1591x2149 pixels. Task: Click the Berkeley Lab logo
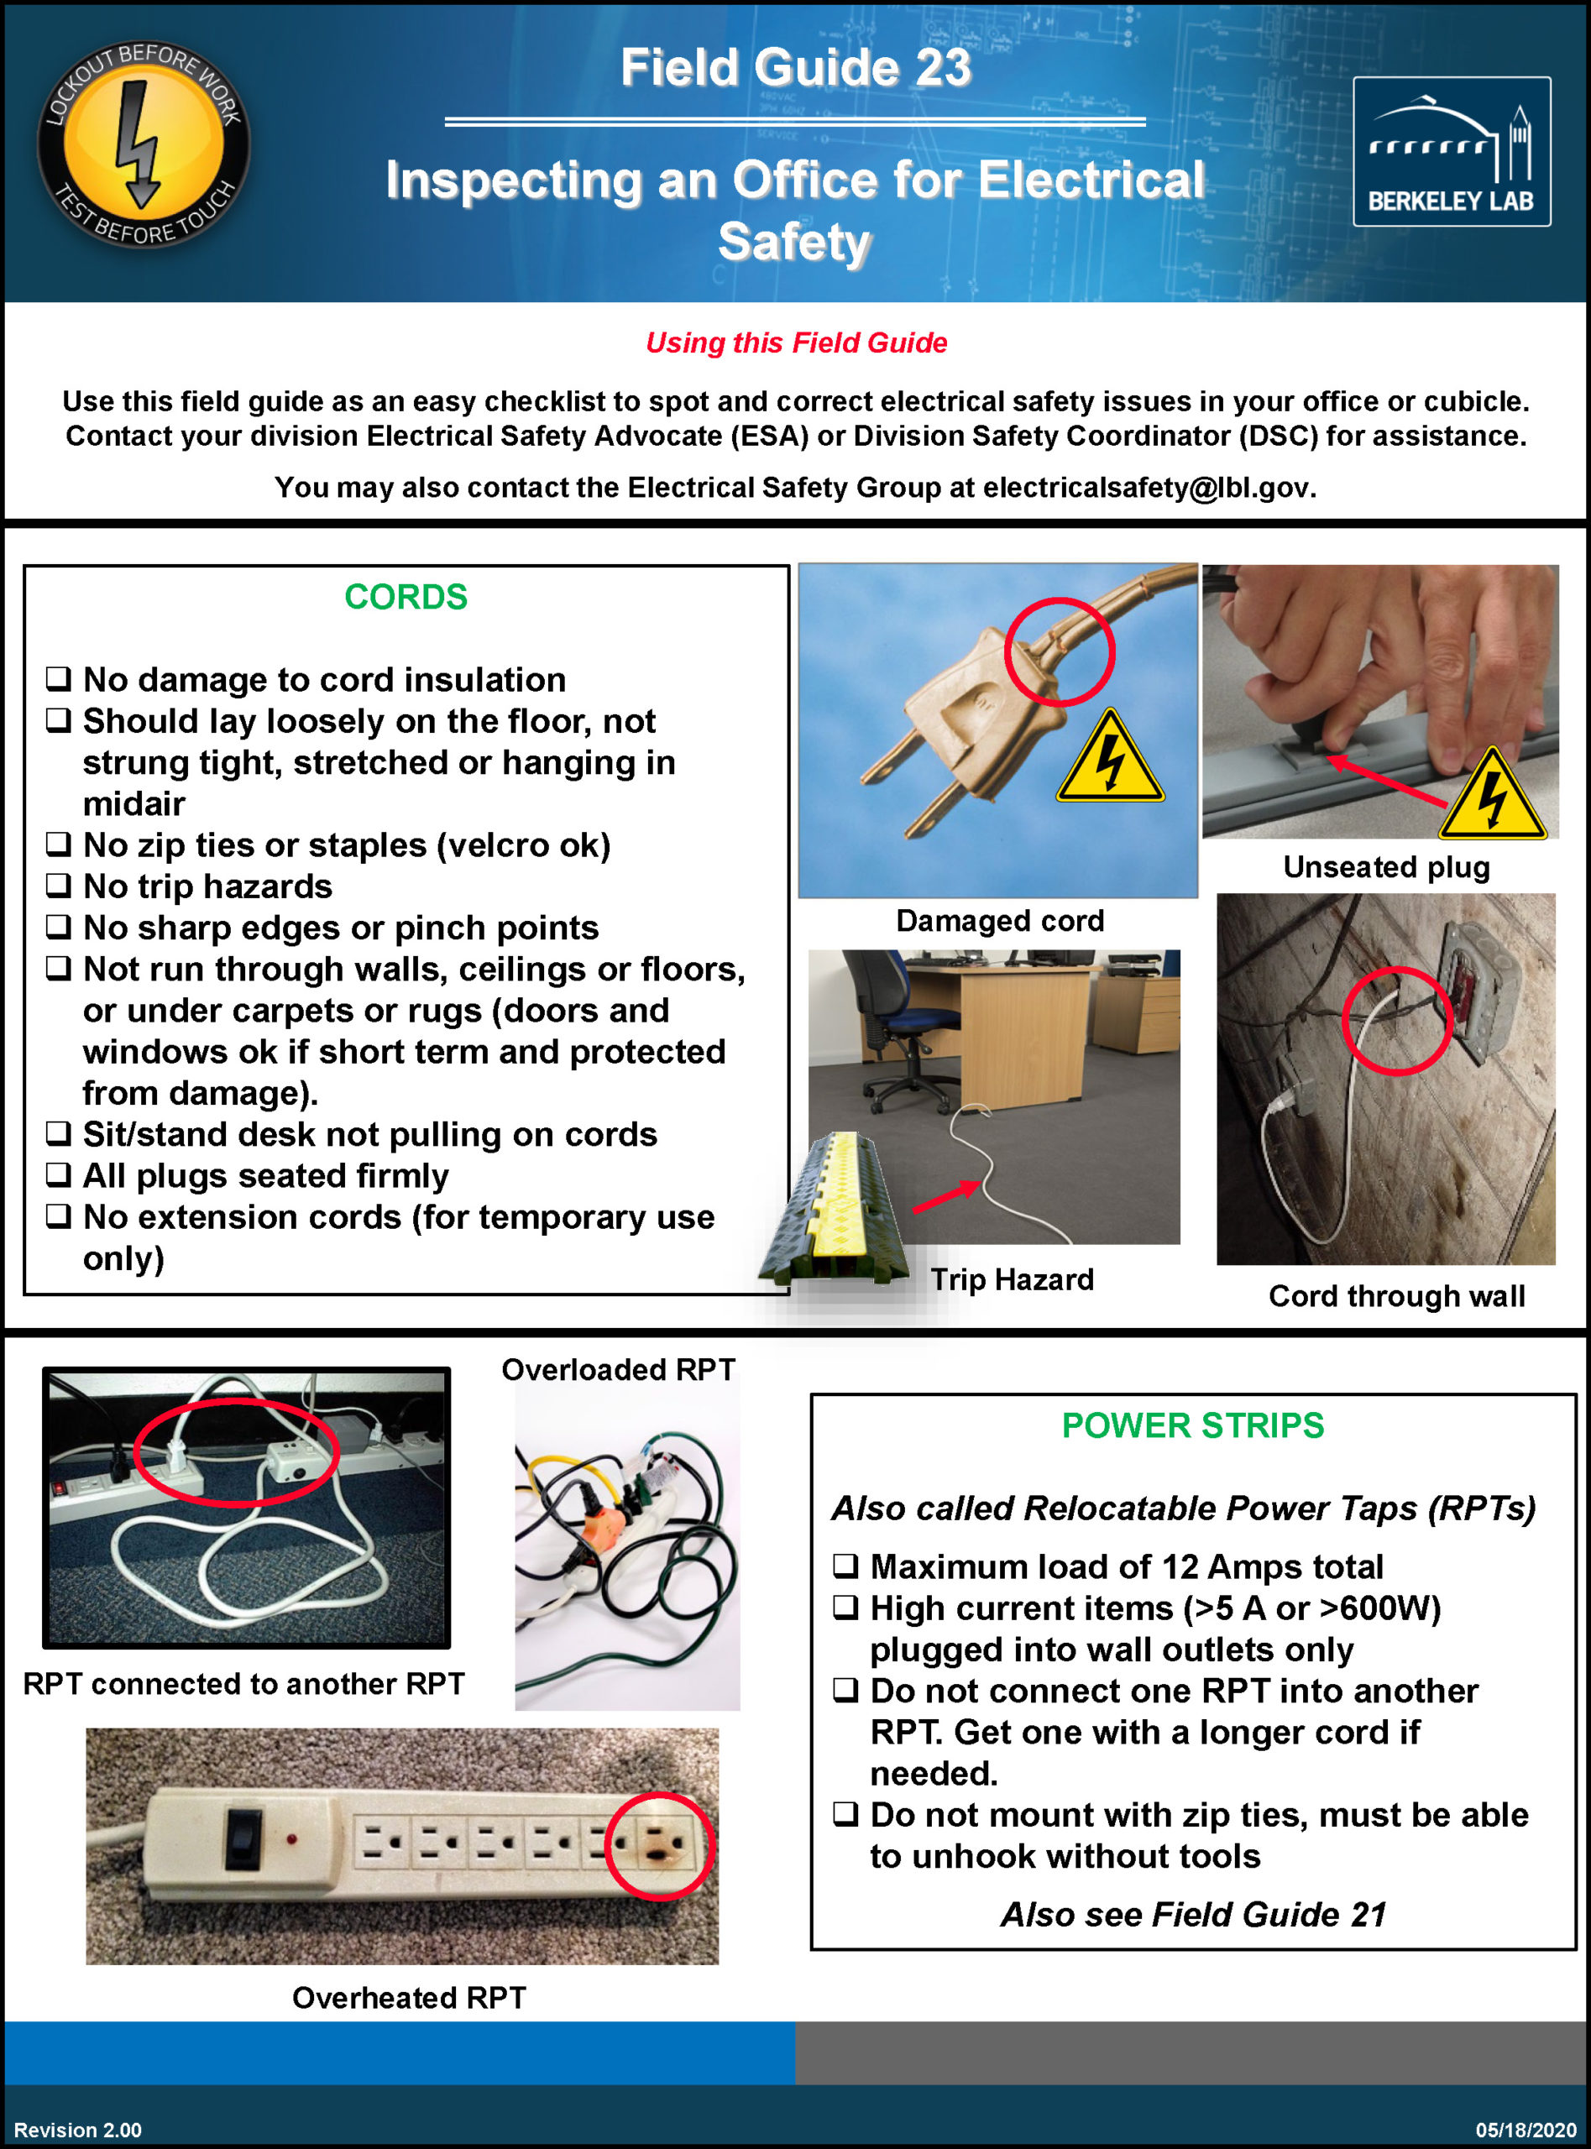coord(1451,151)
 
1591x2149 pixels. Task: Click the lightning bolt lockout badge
coord(144,144)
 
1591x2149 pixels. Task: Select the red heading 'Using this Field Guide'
coord(796,342)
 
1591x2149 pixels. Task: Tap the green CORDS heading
coord(406,597)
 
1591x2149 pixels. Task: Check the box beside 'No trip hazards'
coord(59,885)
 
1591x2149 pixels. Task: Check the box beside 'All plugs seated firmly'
coord(59,1174)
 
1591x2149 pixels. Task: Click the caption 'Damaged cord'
coord(999,920)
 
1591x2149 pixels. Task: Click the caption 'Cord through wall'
coord(1395,1296)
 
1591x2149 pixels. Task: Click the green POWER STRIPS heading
coord(1192,1425)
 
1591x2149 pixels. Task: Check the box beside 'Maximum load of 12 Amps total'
coord(845,1566)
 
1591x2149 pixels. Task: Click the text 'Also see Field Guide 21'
coord(1192,1914)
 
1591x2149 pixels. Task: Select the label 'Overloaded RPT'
coord(618,1369)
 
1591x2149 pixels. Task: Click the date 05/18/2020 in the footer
coord(1525,2130)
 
